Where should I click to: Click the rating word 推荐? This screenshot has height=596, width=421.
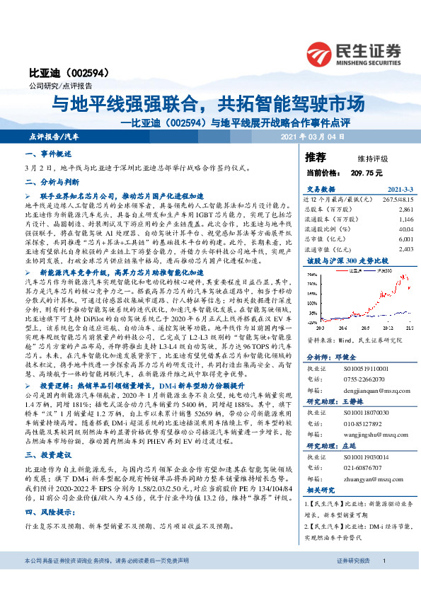315,156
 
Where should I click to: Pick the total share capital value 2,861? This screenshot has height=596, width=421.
404,210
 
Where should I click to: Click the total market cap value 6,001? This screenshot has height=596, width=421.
404,239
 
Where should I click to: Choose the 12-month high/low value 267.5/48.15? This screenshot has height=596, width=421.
397,200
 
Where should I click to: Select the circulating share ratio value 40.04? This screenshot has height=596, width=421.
404,230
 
